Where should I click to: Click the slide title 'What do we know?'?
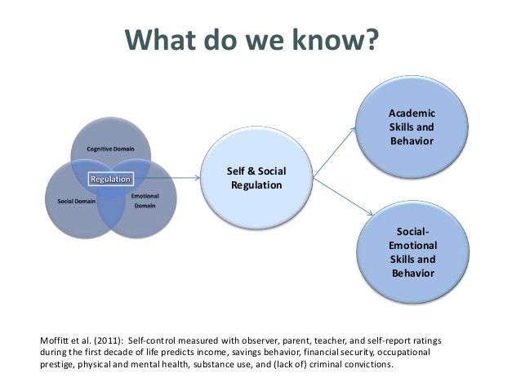click(252, 38)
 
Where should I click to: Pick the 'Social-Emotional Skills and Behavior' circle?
click(412, 252)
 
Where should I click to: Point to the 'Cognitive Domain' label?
click(110, 150)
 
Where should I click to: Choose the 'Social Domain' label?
click(73, 200)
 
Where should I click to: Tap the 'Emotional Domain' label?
click(145, 201)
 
